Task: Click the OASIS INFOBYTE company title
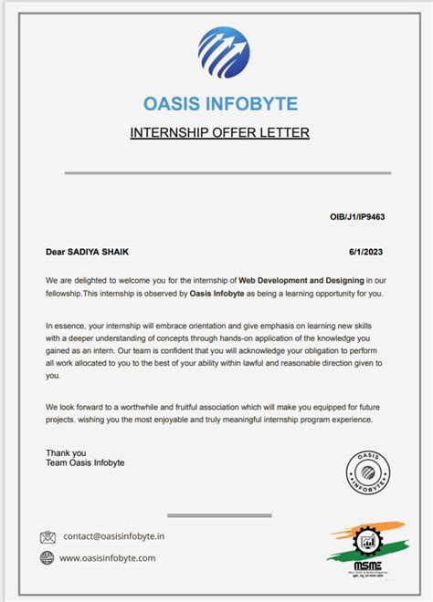pyautogui.click(x=220, y=103)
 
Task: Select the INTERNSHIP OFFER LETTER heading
pyautogui.click(x=220, y=133)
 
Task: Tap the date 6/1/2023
pyautogui.click(x=366, y=252)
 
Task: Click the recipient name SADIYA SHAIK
pyautogui.click(x=105, y=252)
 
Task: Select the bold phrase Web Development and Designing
pyautogui.click(x=301, y=279)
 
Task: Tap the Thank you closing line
pyautogui.click(x=66, y=452)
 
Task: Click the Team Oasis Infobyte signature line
pyautogui.click(x=85, y=463)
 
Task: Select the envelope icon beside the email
pyautogui.click(x=48, y=537)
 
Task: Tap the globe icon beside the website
pyautogui.click(x=48, y=557)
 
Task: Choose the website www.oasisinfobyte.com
pyautogui.click(x=108, y=557)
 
